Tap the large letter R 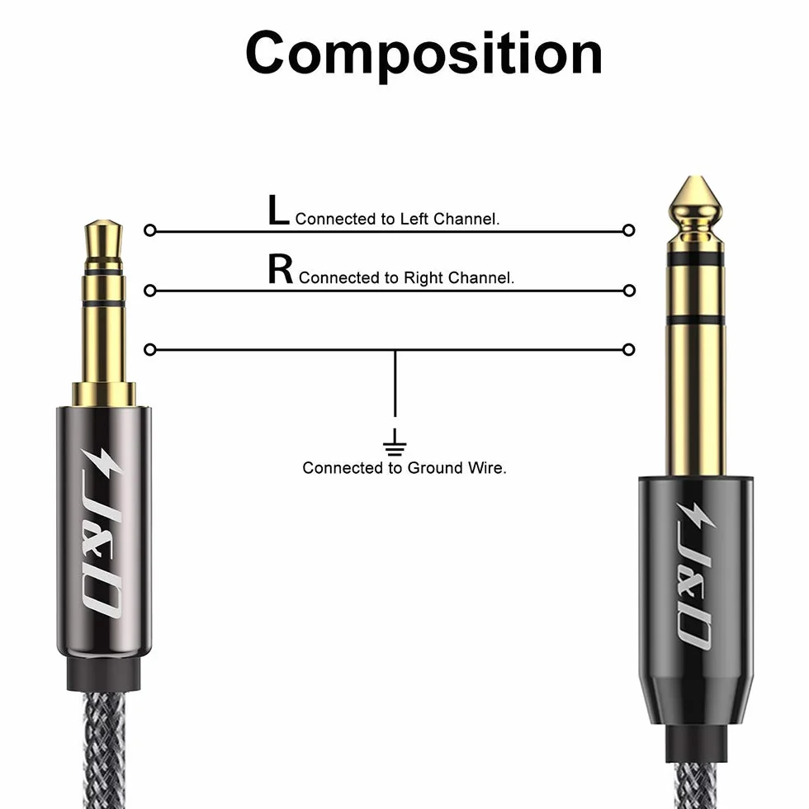click(280, 269)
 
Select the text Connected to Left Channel click(397, 219)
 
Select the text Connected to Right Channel click(406, 277)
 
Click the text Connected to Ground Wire click(404, 468)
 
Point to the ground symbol click(395, 442)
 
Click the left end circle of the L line click(150, 230)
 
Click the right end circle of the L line click(628, 230)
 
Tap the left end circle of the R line click(150, 291)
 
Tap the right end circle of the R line click(629, 291)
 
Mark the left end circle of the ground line click(150, 350)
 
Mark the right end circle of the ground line click(628, 350)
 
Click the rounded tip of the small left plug click(104, 223)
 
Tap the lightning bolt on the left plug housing click(102, 464)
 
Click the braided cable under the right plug click(695, 783)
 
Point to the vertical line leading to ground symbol click(395, 383)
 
